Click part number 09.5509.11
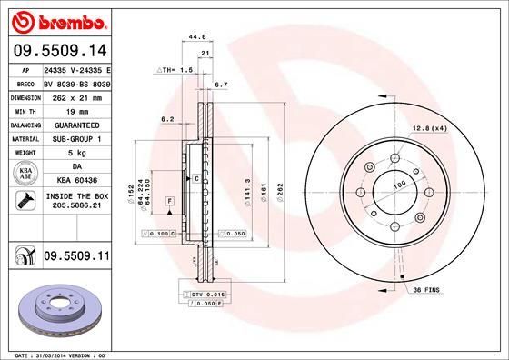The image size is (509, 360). (76, 257)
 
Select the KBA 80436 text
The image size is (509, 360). (76, 180)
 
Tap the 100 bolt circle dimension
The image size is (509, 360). (396, 185)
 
